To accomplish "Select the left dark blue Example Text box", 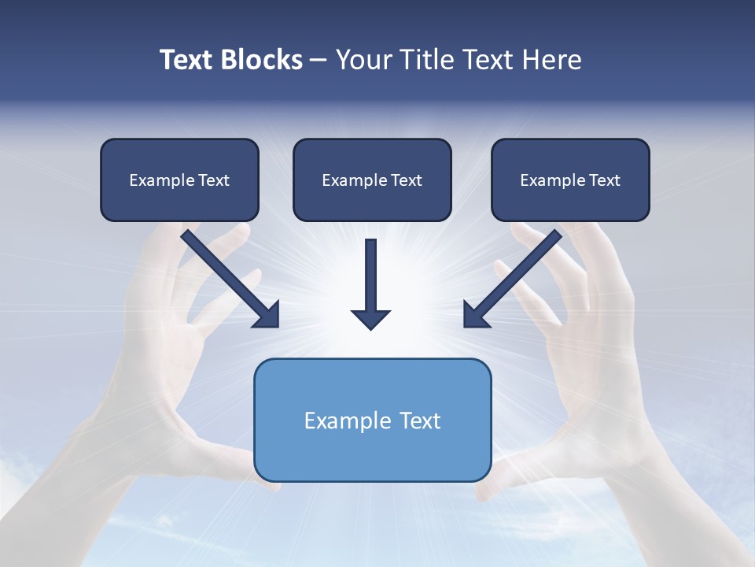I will click(179, 180).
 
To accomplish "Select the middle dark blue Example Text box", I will click(372, 180).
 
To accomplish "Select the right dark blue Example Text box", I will click(570, 180).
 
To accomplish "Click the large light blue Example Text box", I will click(372, 420).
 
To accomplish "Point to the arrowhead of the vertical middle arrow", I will click(370, 318).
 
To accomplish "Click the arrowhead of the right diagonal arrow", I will click(475, 315).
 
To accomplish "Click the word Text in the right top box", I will click(605, 180).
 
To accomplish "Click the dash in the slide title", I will click(319, 60).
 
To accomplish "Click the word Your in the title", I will click(364, 60).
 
